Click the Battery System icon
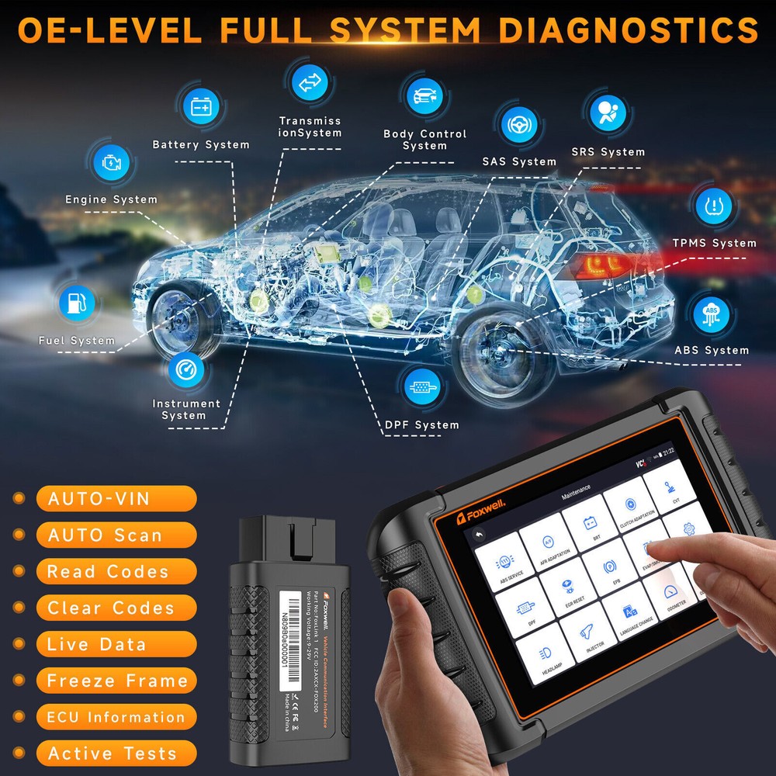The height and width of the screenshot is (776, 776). [200, 106]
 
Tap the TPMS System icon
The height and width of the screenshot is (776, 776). [713, 205]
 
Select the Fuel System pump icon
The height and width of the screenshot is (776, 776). [76, 304]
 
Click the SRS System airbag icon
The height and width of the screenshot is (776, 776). [607, 113]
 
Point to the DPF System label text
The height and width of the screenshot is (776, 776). [422, 424]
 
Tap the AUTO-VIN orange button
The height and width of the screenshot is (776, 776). [116, 498]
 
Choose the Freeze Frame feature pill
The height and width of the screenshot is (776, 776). [116, 681]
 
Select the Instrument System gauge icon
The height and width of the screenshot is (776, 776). [186, 370]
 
